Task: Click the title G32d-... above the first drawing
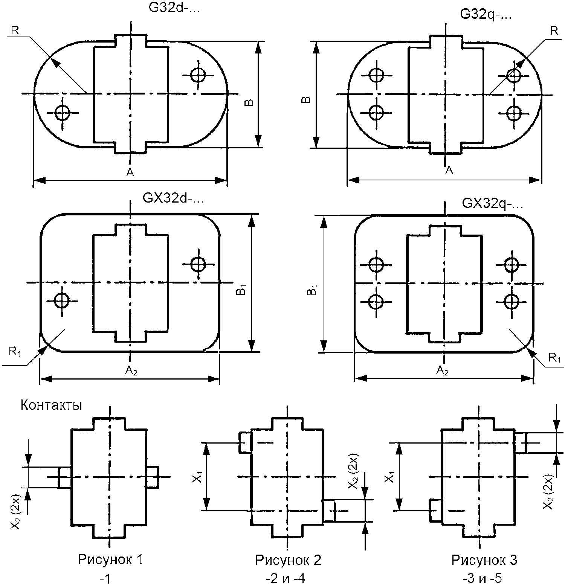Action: coord(174,8)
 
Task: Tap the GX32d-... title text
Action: coord(173,198)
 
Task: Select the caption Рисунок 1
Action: coord(110,560)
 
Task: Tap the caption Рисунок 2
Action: coord(288,561)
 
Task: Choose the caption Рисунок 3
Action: coord(484,561)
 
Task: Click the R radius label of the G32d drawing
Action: coord(15,30)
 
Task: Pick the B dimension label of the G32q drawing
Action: coord(307,100)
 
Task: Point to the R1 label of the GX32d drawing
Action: coord(15,353)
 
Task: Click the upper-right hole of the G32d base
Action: coord(198,75)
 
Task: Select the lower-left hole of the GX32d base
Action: coord(61,300)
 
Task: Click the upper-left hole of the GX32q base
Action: coord(375,265)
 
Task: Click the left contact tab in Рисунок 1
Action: coord(64,477)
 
